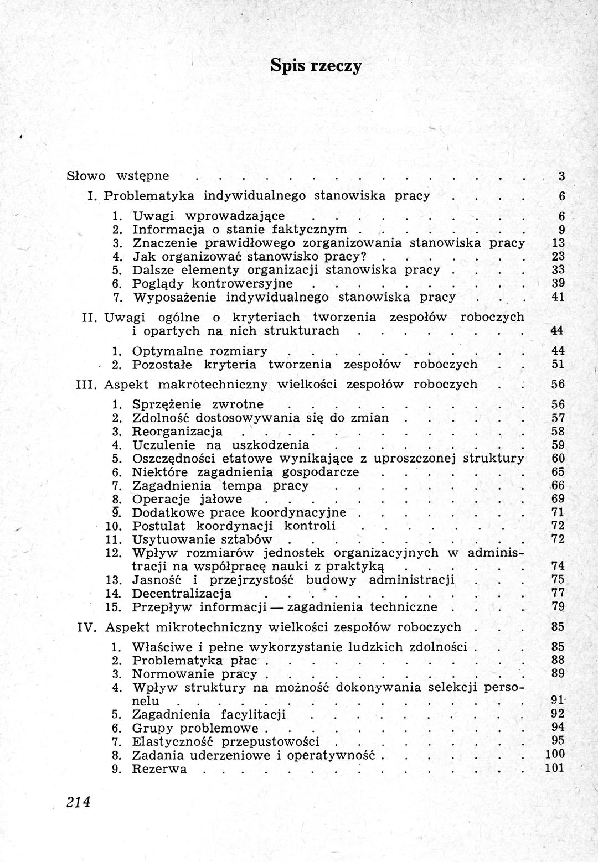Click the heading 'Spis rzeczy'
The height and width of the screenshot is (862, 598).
pyautogui.click(x=316, y=65)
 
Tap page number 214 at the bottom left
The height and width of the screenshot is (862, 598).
pyautogui.click(x=78, y=802)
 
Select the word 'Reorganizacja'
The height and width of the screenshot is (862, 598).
pyautogui.click(x=177, y=432)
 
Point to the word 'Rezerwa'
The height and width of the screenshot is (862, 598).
pyautogui.click(x=159, y=769)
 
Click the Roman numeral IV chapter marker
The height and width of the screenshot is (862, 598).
pyautogui.click(x=87, y=627)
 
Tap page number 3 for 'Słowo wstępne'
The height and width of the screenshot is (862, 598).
pyautogui.click(x=561, y=176)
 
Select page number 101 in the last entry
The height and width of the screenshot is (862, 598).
pyautogui.click(x=554, y=768)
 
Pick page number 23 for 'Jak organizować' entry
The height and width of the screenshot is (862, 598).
pyautogui.click(x=558, y=256)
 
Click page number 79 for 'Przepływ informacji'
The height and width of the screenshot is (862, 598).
pyautogui.click(x=558, y=606)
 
